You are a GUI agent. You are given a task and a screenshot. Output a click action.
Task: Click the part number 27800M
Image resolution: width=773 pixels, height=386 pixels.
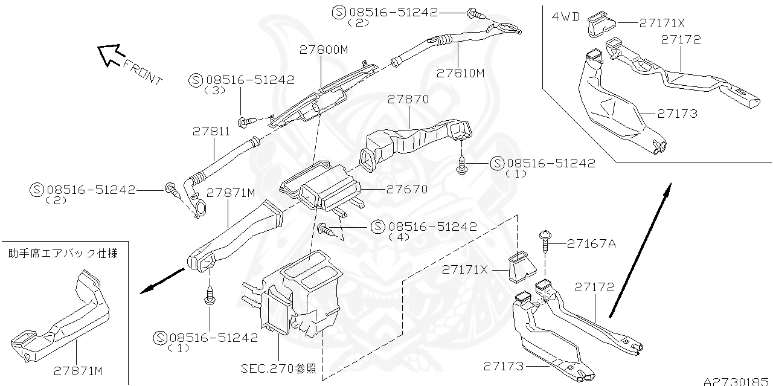[x=324, y=51]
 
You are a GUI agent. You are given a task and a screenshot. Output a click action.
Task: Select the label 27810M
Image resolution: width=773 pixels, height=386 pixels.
[x=461, y=73]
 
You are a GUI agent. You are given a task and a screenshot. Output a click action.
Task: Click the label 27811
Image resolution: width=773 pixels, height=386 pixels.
[x=211, y=130]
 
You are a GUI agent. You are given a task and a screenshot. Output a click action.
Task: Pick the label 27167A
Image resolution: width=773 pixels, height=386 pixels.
[x=591, y=243]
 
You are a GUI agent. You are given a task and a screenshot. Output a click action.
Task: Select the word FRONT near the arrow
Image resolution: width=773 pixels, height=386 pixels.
[x=143, y=71]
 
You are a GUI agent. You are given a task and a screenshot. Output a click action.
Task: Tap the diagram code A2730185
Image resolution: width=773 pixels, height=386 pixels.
[x=737, y=381]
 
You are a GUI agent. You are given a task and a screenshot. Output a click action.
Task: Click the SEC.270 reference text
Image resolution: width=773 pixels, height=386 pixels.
[x=278, y=368]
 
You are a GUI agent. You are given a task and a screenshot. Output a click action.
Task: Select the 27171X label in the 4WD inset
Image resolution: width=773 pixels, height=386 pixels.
[x=662, y=23]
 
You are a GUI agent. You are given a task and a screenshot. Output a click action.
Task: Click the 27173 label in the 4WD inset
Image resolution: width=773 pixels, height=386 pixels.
[x=678, y=113]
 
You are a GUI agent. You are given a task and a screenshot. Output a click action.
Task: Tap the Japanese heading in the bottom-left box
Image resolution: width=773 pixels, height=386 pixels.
[x=63, y=254]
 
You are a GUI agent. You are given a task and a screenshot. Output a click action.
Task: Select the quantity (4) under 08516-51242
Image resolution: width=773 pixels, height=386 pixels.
[x=399, y=237]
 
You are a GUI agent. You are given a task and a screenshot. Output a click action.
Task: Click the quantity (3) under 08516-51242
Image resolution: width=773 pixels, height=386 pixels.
[x=214, y=90]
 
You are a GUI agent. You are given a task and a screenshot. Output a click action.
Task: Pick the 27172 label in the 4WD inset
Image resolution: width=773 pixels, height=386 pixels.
[x=681, y=39]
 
